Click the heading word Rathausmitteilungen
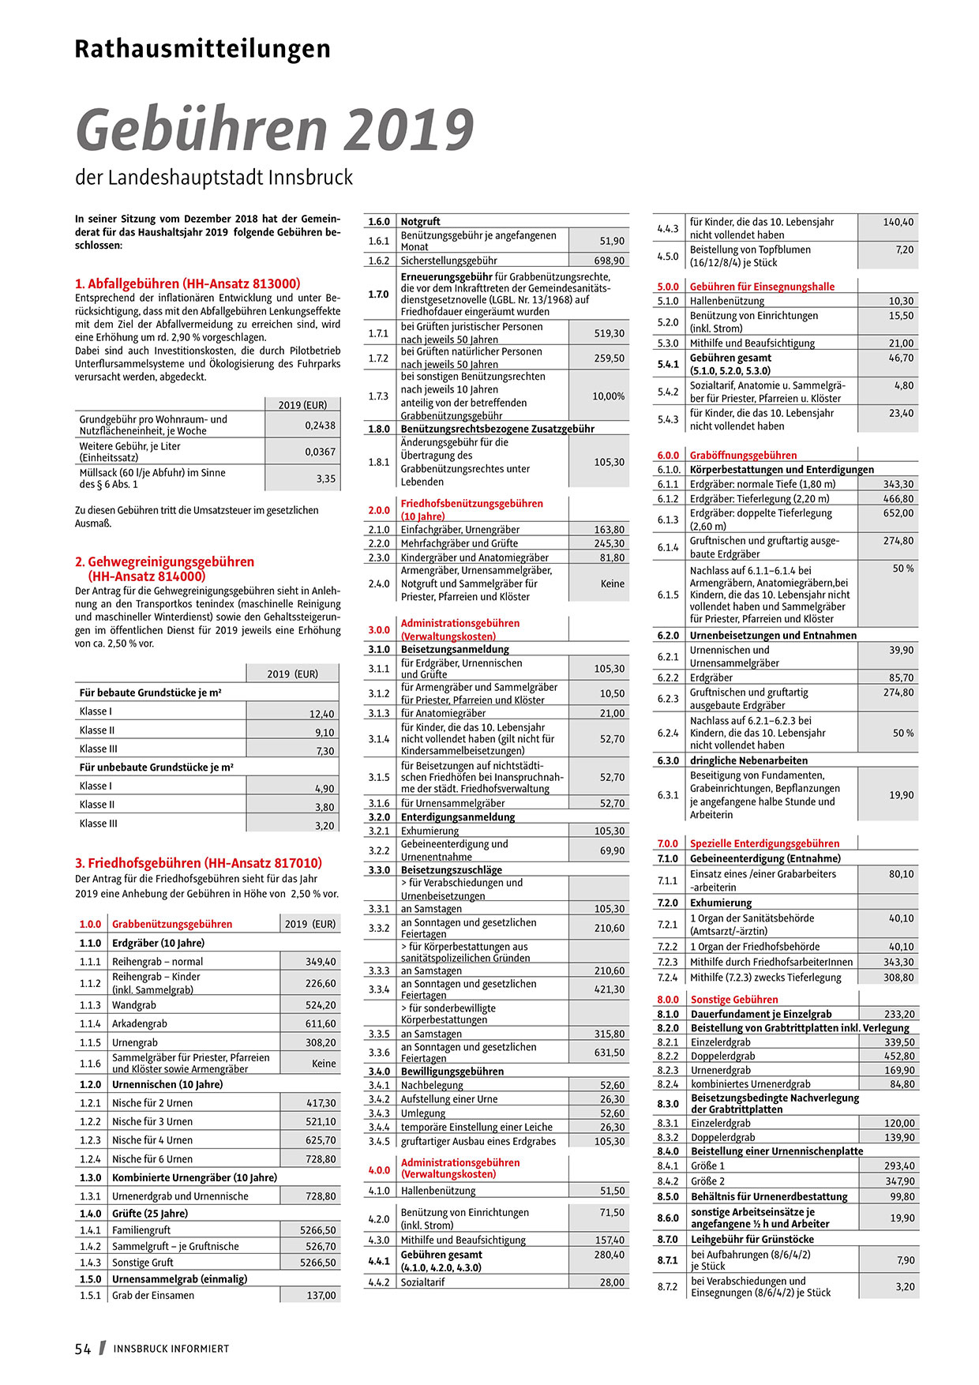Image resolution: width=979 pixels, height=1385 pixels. [x=202, y=49]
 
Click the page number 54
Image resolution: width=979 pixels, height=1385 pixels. [x=83, y=1349]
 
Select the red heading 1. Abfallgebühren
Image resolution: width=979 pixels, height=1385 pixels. [x=187, y=283]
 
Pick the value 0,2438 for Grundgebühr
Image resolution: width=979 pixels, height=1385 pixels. [x=320, y=425]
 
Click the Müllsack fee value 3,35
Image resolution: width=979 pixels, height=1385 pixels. [x=325, y=479]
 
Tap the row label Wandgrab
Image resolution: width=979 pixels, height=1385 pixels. [x=134, y=1005]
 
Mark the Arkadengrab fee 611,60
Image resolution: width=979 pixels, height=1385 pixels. [x=321, y=1023]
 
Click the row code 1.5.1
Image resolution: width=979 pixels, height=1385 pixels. [x=90, y=1295]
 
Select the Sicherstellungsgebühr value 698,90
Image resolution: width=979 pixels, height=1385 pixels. [x=609, y=261]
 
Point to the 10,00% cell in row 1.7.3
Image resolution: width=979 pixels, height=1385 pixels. [x=608, y=396]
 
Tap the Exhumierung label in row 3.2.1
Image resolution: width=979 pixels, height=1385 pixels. [x=429, y=831]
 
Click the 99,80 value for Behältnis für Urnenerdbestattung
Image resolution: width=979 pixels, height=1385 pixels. [x=902, y=1196]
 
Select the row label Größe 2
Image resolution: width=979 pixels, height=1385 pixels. [x=707, y=1181]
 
